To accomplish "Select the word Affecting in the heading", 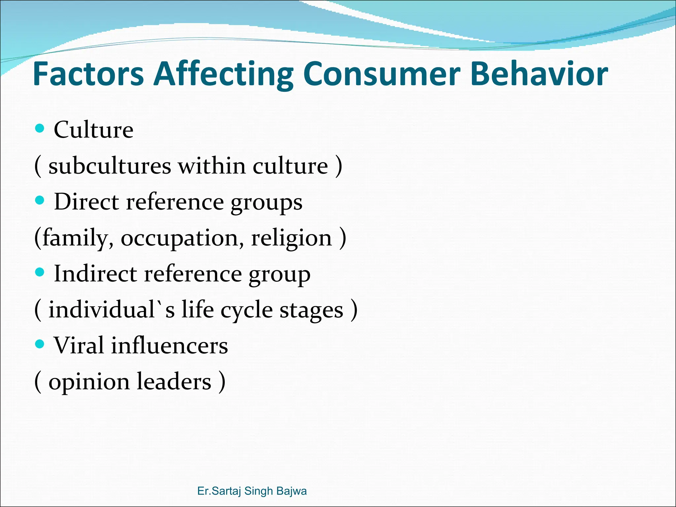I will point(223,74).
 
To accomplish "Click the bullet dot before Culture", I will point(40,128).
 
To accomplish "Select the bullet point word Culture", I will point(93,129).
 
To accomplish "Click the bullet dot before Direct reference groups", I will point(40,200).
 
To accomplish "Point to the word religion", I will point(291,238).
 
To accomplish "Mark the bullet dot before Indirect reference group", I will point(40,272).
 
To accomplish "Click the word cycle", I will point(246,310).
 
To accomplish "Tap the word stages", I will point(311,310).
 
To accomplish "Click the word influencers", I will point(169,345).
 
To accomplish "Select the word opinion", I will point(89,382).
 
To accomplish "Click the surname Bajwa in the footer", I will point(292,491).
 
